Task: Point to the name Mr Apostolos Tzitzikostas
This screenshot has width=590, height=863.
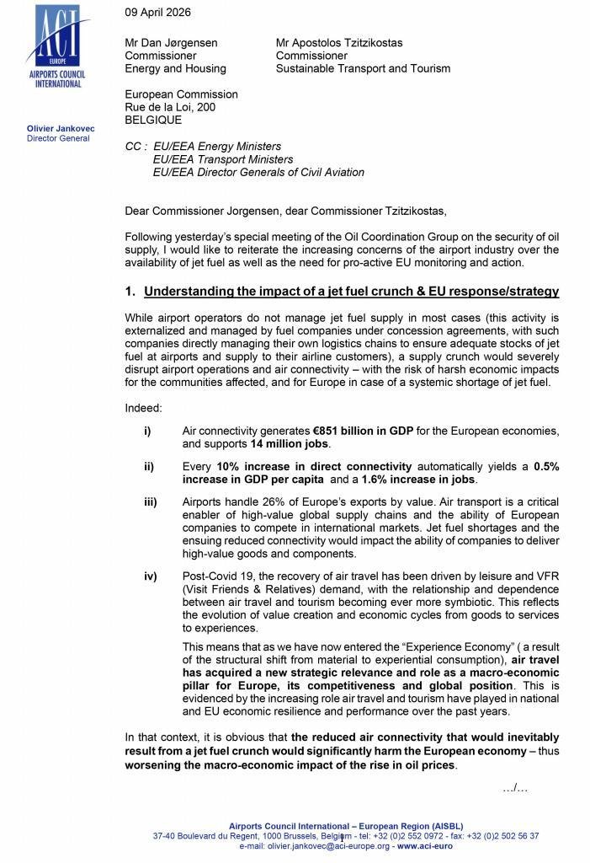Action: pyautogui.click(x=353, y=41)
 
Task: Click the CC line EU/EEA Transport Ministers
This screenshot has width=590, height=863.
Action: pyautogui.click(x=223, y=159)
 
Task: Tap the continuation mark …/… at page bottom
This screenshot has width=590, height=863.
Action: pyautogui.click(x=513, y=788)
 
